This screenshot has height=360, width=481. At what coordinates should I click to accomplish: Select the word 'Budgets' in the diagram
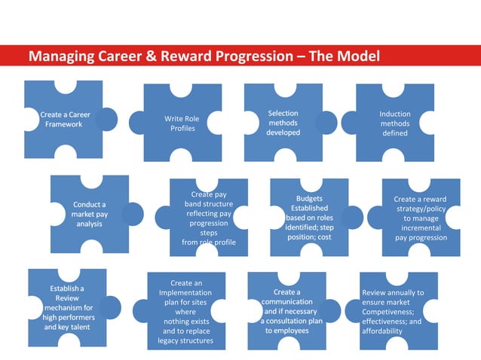point(309,199)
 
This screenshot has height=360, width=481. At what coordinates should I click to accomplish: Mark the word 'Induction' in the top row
point(394,114)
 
